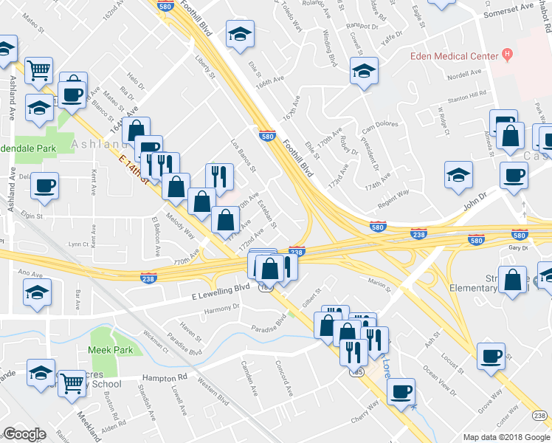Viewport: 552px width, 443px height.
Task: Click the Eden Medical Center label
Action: pos(454,56)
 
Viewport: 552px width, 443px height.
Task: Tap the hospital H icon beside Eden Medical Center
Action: pos(507,55)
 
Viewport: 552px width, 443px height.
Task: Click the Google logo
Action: pos(24,434)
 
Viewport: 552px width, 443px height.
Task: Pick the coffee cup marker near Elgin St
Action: pos(45,185)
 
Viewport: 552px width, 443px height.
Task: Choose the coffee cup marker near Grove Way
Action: pos(491,356)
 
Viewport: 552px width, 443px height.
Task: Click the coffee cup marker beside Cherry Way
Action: pos(401,391)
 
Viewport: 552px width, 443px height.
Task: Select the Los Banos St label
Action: pos(243,154)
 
